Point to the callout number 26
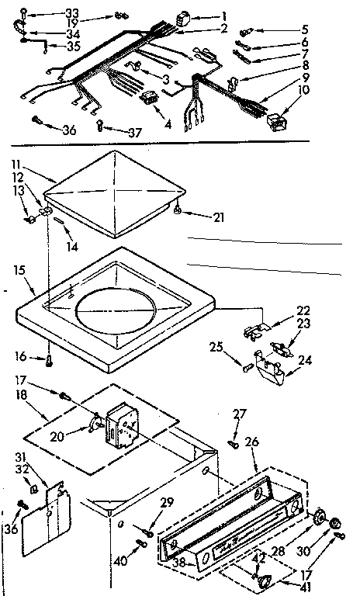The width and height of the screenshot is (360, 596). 253,443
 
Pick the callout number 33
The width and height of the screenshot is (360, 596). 71,12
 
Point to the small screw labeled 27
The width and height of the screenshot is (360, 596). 233,444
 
